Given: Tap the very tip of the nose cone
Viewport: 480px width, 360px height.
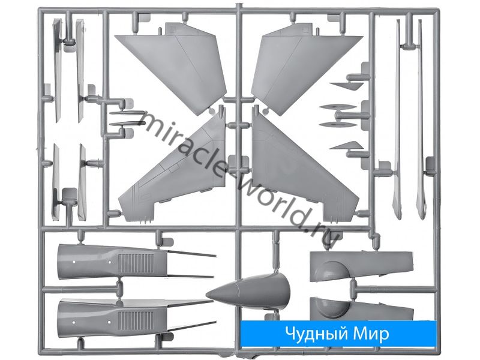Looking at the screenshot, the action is click(x=206, y=295).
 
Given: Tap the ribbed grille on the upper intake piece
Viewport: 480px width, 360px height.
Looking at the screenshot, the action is click(x=136, y=263).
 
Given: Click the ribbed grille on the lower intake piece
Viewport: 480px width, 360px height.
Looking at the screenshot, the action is click(x=136, y=321).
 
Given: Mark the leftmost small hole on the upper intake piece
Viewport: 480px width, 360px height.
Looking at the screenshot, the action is click(x=73, y=262).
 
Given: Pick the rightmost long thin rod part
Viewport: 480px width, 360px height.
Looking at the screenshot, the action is click(x=421, y=119).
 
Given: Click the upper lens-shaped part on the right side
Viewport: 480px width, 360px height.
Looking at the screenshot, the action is click(x=338, y=107).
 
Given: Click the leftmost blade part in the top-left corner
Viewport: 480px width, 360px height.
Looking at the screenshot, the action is click(x=58, y=70).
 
